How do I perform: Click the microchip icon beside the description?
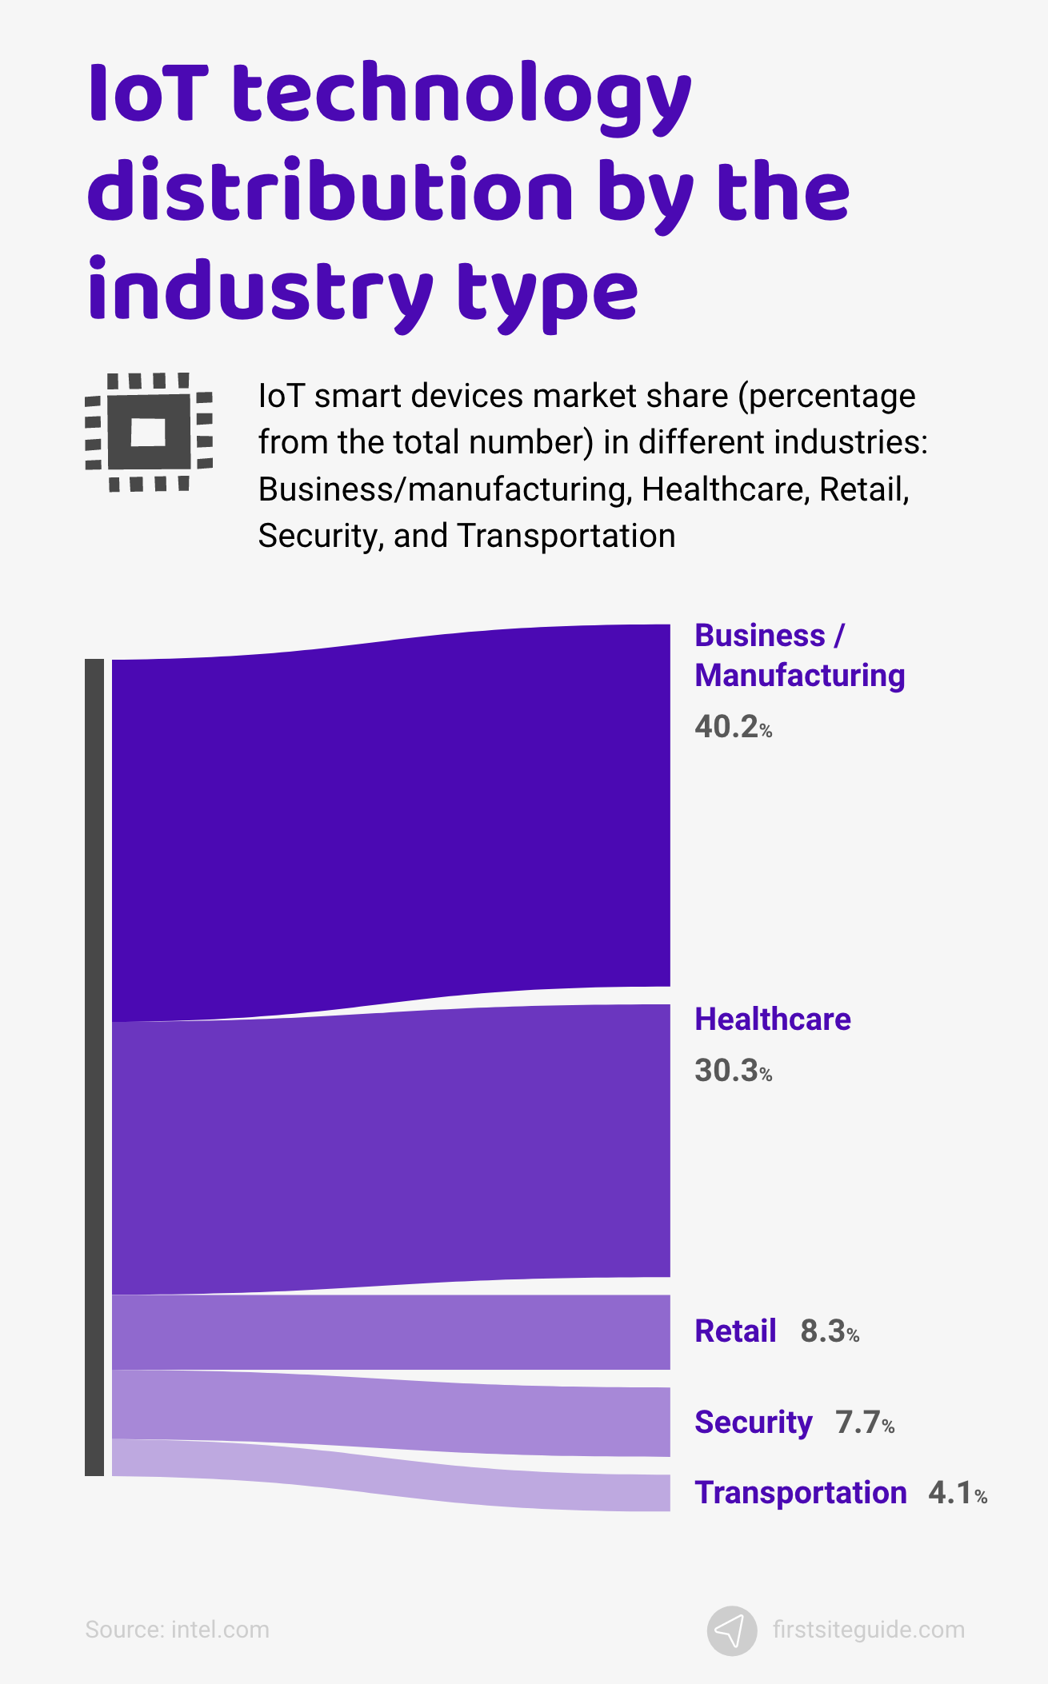tap(149, 432)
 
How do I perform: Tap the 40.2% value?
tap(733, 727)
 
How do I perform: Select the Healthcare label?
tap(772, 1020)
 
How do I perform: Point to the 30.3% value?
tap(733, 1071)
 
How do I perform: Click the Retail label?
tap(734, 1331)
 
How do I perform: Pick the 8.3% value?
tap(829, 1331)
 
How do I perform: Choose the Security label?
tap(753, 1423)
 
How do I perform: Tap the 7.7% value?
tap(864, 1423)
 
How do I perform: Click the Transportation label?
tap(800, 1493)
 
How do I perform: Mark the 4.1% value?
tap(957, 1493)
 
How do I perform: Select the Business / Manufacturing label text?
tap(798, 656)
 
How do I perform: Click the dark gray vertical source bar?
tap(94, 1067)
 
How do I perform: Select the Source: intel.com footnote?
tap(177, 1630)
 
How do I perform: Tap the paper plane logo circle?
tap(731, 1630)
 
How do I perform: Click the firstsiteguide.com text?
tap(868, 1630)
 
